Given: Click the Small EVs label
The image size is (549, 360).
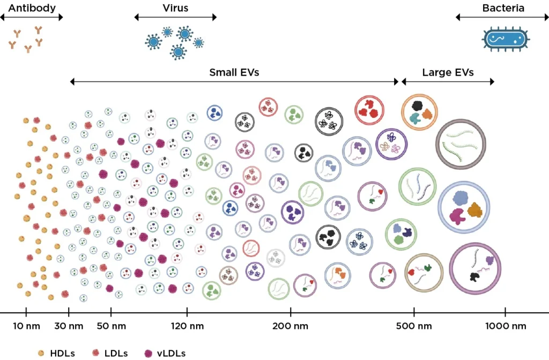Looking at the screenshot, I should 234,72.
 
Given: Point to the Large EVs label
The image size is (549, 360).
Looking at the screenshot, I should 448,72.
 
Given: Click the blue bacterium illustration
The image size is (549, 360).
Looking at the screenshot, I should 506,39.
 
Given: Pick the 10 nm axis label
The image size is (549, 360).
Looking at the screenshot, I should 26,326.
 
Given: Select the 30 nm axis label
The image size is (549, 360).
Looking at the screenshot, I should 69,326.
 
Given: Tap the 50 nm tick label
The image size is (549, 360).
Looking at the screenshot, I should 111,326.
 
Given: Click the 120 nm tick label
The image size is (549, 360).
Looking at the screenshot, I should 187,326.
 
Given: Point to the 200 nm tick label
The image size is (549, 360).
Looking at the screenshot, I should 290,326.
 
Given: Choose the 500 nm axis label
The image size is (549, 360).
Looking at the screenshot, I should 414,326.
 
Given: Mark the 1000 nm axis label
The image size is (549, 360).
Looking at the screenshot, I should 506,326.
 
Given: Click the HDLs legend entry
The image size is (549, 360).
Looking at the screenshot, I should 57,353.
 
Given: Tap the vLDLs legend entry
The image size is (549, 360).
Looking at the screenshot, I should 165,353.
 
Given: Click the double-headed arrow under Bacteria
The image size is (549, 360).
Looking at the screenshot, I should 502,17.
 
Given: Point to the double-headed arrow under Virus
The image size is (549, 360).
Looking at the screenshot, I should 175,17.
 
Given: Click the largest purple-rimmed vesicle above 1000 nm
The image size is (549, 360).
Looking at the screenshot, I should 475,269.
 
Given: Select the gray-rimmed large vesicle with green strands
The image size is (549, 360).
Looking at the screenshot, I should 461,143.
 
